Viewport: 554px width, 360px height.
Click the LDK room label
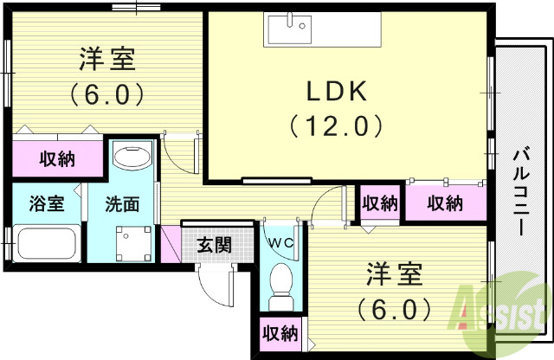[x=336, y=90]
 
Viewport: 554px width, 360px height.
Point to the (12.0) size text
[x=337, y=126]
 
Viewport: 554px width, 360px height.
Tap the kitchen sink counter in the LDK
[x=321, y=31]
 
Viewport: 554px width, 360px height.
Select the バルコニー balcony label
[x=521, y=192]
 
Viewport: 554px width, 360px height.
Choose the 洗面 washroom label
[x=122, y=205]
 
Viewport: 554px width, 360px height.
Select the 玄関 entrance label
[x=213, y=244]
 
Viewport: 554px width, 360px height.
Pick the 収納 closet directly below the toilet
[x=280, y=333]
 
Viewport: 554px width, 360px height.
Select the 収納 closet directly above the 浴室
[x=56, y=158]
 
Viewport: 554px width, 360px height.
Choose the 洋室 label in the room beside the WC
[x=393, y=275]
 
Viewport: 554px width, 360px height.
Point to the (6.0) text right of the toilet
[x=393, y=308]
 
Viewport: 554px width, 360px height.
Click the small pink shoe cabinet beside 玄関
[x=169, y=245]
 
